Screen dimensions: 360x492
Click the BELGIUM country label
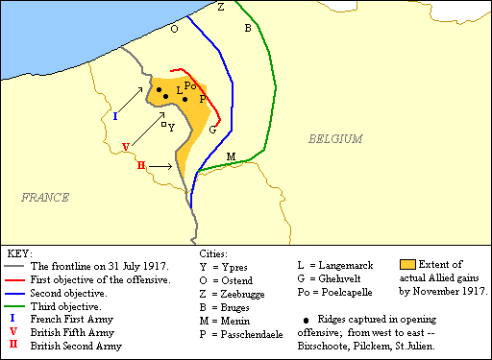(335, 139)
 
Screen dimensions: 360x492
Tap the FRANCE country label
(45, 197)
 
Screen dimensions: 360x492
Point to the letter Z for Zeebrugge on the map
(221, 7)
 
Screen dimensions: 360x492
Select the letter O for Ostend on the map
(174, 29)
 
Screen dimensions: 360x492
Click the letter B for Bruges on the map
(247, 28)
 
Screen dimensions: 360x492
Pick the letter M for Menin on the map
(231, 156)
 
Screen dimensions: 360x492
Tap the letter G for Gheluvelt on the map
(212, 130)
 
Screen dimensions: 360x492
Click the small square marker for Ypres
(163, 124)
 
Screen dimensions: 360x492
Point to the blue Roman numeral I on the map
(115, 116)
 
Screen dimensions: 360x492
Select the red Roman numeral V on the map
(126, 146)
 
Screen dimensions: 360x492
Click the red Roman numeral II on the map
(141, 166)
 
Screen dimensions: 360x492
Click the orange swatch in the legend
(408, 263)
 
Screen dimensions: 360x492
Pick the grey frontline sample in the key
(15, 266)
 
